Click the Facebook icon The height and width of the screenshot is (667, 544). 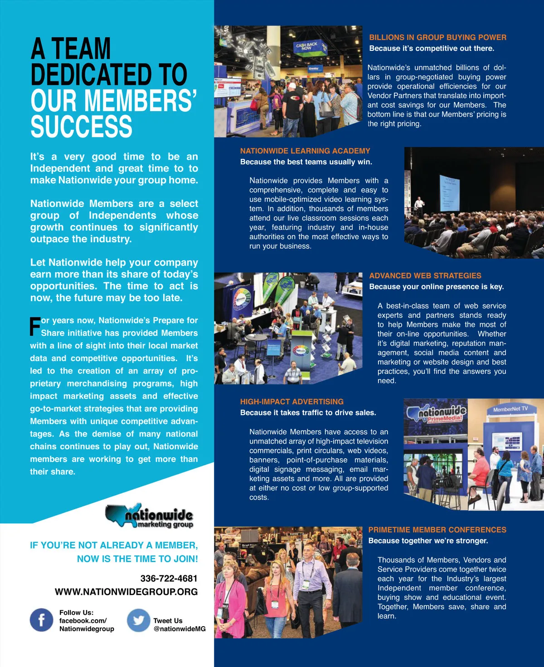(x=41, y=620)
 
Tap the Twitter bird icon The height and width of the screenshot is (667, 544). (x=138, y=620)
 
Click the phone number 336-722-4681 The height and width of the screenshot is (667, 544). (x=169, y=579)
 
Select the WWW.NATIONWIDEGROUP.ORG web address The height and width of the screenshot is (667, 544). (x=126, y=592)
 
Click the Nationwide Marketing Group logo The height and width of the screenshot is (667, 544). (x=150, y=516)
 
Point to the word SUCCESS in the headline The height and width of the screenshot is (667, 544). (x=82, y=127)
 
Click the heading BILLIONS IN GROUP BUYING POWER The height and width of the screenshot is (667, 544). (x=437, y=38)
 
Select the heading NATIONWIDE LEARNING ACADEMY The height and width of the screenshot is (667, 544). (x=305, y=151)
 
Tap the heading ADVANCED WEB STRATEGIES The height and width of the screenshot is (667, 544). (x=425, y=275)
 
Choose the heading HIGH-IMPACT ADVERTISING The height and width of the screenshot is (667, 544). (x=292, y=402)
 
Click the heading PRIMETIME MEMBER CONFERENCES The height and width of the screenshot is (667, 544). (x=437, y=530)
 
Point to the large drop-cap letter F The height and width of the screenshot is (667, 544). (x=35, y=327)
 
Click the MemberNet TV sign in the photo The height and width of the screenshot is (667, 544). (x=510, y=409)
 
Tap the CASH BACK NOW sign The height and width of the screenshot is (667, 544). (x=307, y=46)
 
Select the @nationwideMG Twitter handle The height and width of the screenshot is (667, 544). (x=180, y=629)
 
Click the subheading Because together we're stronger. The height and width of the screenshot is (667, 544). (x=428, y=540)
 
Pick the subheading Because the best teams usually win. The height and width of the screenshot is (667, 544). (x=306, y=162)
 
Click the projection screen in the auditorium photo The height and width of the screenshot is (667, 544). (x=449, y=193)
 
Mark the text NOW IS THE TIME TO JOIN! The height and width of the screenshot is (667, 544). (x=137, y=559)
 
